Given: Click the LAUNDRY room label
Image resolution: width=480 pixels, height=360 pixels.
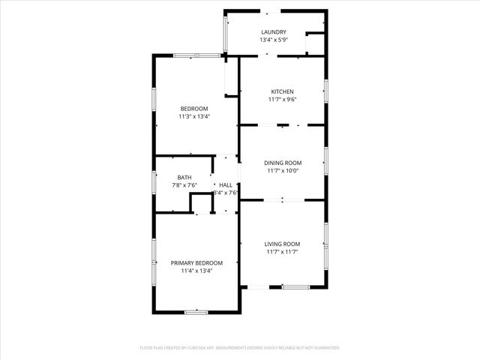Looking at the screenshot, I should (274, 31).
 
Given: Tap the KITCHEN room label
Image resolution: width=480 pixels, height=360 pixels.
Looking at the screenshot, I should (281, 91).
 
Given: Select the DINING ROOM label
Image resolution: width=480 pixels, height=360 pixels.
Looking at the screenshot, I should (282, 163).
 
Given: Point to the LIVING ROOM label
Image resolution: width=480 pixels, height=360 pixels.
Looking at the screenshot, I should (282, 244).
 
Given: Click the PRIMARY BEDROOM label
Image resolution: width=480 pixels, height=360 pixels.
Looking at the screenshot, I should (196, 262).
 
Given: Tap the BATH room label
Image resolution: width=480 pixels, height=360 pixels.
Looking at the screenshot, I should (184, 177).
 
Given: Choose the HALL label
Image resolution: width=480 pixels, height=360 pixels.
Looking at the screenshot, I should (225, 184).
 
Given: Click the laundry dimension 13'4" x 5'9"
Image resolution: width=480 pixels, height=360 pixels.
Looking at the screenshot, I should (274, 40).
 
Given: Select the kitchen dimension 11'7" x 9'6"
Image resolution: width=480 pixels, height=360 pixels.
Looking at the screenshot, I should (281, 99).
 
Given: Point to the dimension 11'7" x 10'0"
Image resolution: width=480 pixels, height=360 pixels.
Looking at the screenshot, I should (282, 170).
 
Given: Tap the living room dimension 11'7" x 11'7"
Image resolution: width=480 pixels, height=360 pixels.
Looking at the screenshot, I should (282, 252).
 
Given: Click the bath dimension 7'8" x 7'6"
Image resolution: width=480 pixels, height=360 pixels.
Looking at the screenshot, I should (184, 185).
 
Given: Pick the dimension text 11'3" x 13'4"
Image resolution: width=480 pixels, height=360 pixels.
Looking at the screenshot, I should (193, 116).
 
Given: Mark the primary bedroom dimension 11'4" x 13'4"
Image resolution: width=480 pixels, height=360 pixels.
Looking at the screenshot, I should (196, 271).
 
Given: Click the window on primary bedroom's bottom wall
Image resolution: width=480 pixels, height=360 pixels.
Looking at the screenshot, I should (196, 311).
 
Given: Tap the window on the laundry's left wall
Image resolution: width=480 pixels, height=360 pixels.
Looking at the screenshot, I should (225, 32).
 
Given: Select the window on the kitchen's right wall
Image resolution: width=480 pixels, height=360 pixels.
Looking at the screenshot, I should (326, 91).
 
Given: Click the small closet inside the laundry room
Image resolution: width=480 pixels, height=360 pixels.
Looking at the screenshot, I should (315, 43).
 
